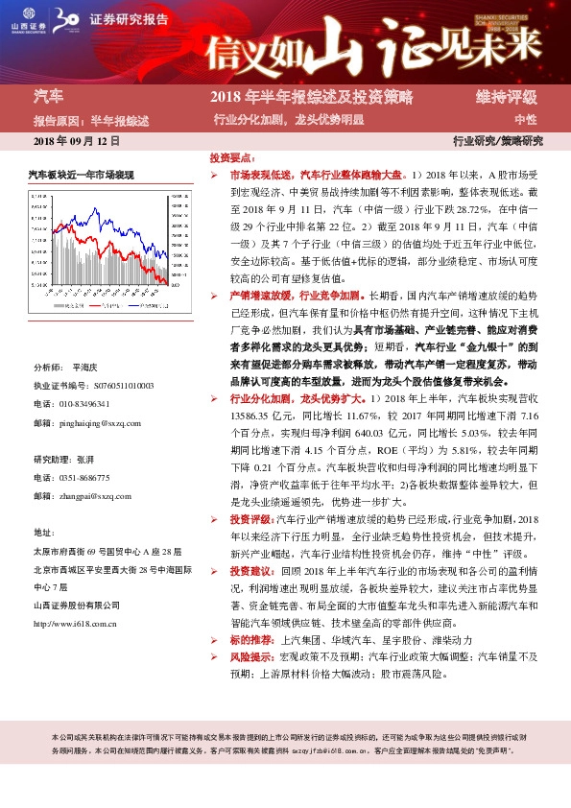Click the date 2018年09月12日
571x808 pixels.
click(x=77, y=141)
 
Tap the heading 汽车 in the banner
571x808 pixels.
click(x=49, y=97)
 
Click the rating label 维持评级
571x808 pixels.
click(x=506, y=97)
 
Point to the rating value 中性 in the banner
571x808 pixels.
click(x=525, y=120)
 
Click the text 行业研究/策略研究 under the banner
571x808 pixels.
click(x=497, y=141)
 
